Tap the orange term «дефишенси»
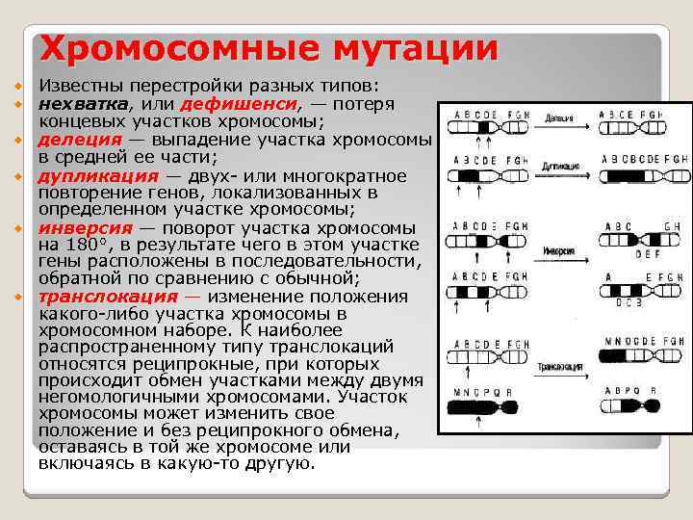pos(251,104)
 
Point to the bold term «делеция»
pos(77,140)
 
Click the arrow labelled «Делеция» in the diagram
pos(563,124)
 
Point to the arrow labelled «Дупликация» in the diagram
pos(563,174)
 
